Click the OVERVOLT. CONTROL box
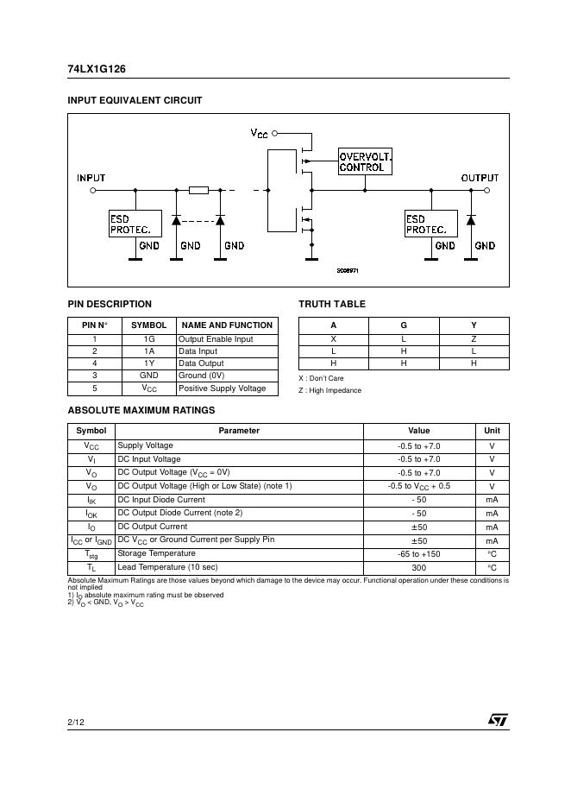365,161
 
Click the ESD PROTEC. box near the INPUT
134,224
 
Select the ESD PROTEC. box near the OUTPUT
430,224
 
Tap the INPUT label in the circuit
91,178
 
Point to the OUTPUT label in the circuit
480,178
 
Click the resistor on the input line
198,189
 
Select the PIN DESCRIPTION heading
110,304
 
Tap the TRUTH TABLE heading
332,304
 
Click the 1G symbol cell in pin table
149,339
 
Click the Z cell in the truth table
474,339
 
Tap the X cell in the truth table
333,339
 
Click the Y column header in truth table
474,325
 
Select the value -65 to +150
418,553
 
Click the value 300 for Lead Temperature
418,568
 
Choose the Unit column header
492,430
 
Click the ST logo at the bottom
498,719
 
